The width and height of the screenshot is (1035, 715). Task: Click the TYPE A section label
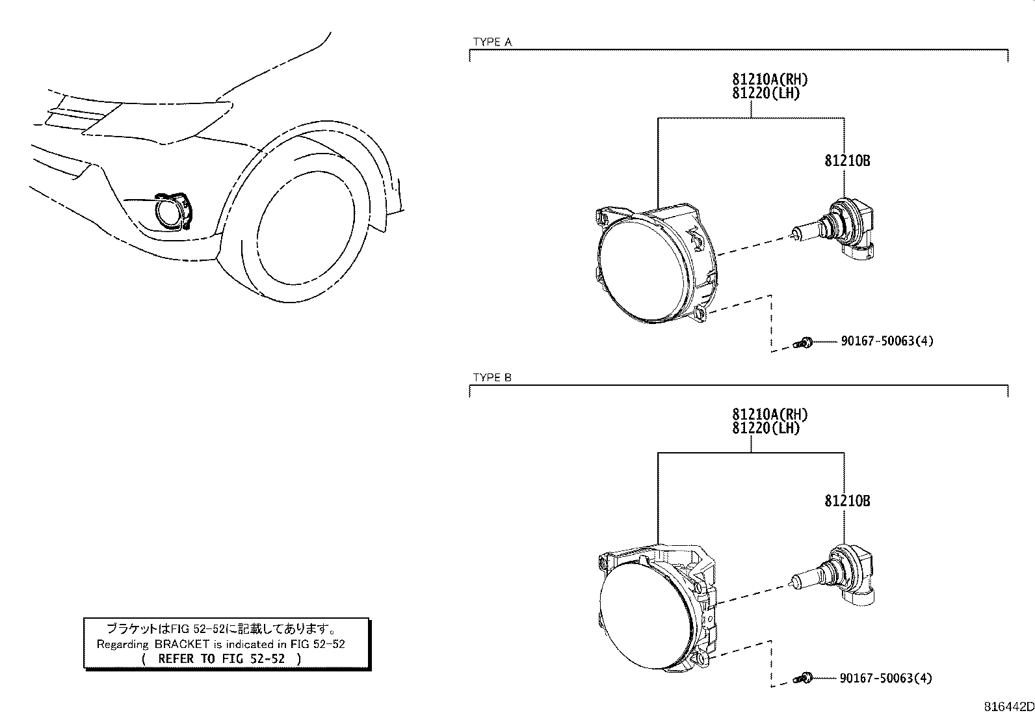[x=492, y=42]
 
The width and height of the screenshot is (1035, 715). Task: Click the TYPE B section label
[x=492, y=378]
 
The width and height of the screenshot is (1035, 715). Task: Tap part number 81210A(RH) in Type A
[x=770, y=79]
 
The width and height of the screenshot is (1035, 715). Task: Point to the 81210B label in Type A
[x=847, y=161]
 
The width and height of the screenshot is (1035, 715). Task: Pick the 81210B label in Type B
[x=847, y=501]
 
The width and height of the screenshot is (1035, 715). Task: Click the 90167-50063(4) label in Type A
[x=887, y=341]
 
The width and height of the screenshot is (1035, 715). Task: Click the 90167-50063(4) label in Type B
[x=885, y=679]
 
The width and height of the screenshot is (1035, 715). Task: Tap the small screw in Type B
[x=805, y=679]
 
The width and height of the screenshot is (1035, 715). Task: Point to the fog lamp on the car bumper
[x=170, y=211]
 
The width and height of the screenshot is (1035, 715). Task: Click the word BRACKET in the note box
[x=182, y=644]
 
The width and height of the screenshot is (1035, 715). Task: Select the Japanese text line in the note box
[x=221, y=629]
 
